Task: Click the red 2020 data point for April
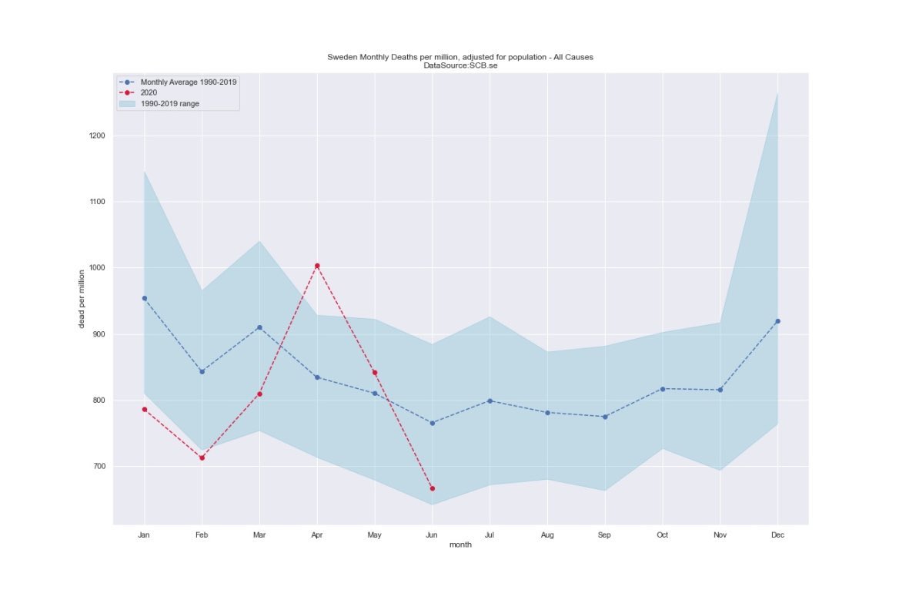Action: [x=317, y=266]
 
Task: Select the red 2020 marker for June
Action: [x=433, y=488]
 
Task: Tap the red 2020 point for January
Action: [x=144, y=410]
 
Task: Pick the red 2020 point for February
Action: [x=202, y=458]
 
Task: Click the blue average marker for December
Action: [x=777, y=321]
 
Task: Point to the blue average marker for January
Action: [x=144, y=298]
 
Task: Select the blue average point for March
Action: [x=259, y=327]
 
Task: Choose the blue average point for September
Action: [x=605, y=417]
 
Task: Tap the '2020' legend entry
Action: [x=149, y=92]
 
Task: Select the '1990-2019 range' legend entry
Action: [x=169, y=103]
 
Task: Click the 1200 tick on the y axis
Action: [x=96, y=136]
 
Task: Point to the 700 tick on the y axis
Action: [x=99, y=466]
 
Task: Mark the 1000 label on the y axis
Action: [x=96, y=268]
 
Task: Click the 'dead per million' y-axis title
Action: [x=82, y=299]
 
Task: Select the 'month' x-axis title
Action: [x=460, y=545]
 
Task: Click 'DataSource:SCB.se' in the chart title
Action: [x=460, y=65]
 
